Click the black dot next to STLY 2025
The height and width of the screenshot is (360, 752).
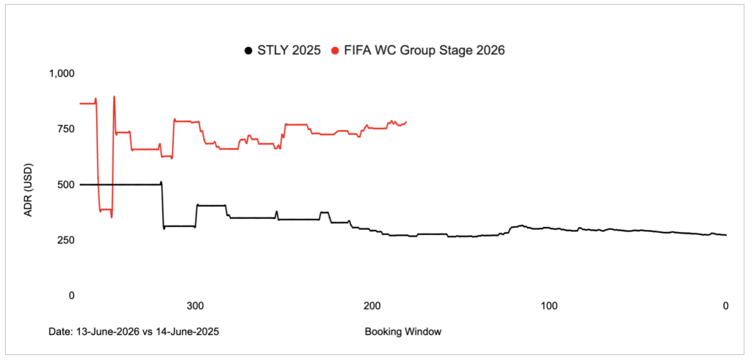click(248, 51)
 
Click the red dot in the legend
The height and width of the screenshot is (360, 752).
click(335, 51)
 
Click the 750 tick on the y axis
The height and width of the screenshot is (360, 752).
click(66, 129)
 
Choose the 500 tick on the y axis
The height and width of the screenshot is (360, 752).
click(66, 184)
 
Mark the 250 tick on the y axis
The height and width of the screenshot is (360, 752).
click(66, 240)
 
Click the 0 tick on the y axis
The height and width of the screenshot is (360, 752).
click(71, 295)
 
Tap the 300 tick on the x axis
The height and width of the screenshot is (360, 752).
click(195, 306)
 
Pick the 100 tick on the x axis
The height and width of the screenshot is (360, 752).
click(548, 306)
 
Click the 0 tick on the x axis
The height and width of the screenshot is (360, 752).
click(726, 306)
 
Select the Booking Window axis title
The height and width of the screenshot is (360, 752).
click(402, 331)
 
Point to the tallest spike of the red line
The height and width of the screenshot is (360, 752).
click(114, 96)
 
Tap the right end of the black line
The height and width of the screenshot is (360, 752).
click(726, 235)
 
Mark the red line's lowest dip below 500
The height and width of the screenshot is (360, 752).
click(112, 217)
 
